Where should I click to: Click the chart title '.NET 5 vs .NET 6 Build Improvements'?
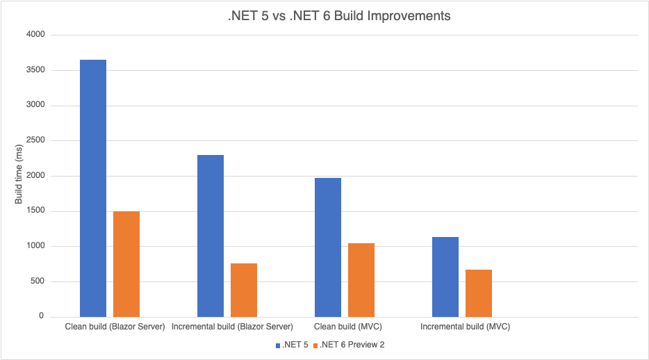[339, 16]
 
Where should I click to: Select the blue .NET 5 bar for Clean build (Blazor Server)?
[93, 188]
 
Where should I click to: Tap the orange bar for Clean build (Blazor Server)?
[126, 263]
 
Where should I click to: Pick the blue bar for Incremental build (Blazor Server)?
[211, 236]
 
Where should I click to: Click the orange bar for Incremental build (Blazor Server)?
[244, 290]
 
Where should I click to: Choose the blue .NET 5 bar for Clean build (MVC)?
[328, 247]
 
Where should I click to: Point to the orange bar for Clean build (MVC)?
[361, 279]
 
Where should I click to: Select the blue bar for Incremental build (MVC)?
[445, 277]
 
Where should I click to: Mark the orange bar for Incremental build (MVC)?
[479, 293]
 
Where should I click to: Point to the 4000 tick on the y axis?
[35, 35]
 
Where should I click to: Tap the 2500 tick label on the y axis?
[35, 140]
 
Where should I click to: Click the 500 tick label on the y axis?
[37, 281]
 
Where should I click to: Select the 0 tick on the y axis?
[41, 317]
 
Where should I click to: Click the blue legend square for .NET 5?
[277, 345]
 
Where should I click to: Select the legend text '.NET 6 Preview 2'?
[352, 345]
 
